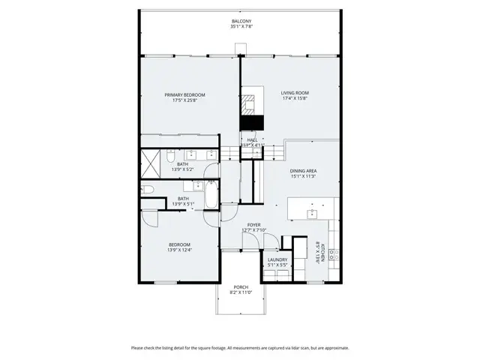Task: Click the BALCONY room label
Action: point(241,22)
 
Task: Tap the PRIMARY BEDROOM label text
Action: point(185,94)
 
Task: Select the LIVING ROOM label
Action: point(295,93)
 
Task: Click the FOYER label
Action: point(253,224)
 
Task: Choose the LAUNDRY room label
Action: point(277,259)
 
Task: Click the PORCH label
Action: point(241,287)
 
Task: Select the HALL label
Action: point(253,139)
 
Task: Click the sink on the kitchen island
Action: point(312,213)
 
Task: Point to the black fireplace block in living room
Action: point(253,123)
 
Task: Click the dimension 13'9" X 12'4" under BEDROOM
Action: point(179,250)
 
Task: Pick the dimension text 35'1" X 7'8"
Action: point(241,27)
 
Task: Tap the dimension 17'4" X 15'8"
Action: point(295,98)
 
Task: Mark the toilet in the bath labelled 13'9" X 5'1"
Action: point(147,190)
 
